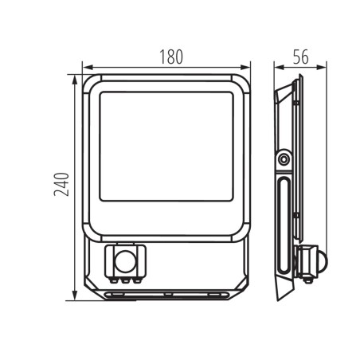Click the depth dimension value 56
299,57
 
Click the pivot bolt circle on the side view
284,160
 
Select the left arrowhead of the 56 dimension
276,66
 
